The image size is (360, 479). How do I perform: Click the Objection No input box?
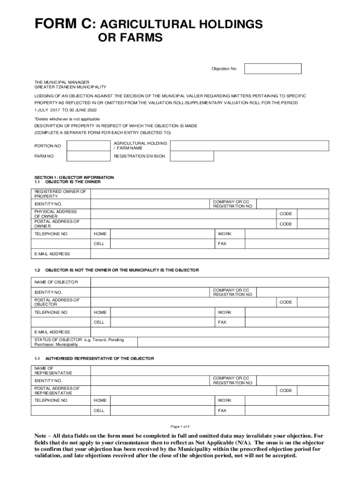[273, 69]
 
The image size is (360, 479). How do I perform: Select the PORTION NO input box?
[88, 145]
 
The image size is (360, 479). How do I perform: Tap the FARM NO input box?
[88, 156]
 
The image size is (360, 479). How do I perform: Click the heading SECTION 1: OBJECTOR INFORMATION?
[74, 177]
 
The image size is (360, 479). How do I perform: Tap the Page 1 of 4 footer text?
[180, 426]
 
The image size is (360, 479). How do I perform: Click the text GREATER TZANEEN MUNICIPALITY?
[70, 87]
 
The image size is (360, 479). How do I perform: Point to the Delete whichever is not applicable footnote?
[67, 119]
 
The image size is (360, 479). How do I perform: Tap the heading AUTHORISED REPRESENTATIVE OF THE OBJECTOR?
[99, 358]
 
